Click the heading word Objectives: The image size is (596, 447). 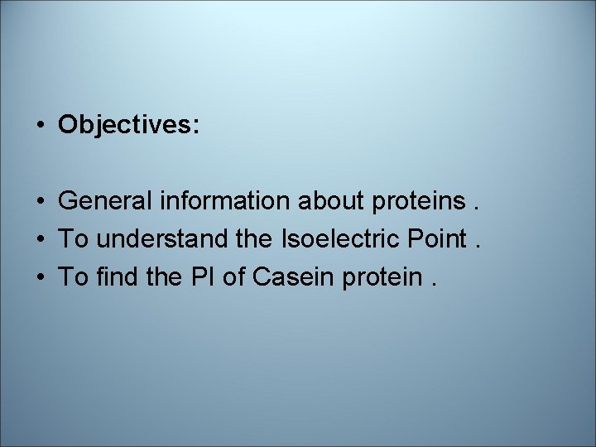tap(128, 126)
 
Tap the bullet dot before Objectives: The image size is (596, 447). tap(40, 126)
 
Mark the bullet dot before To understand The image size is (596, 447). tap(40, 239)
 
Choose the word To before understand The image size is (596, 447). tap(73, 238)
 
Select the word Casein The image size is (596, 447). tap(290, 276)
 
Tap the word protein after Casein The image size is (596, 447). tap(382, 277)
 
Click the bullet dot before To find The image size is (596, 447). tap(40, 276)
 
